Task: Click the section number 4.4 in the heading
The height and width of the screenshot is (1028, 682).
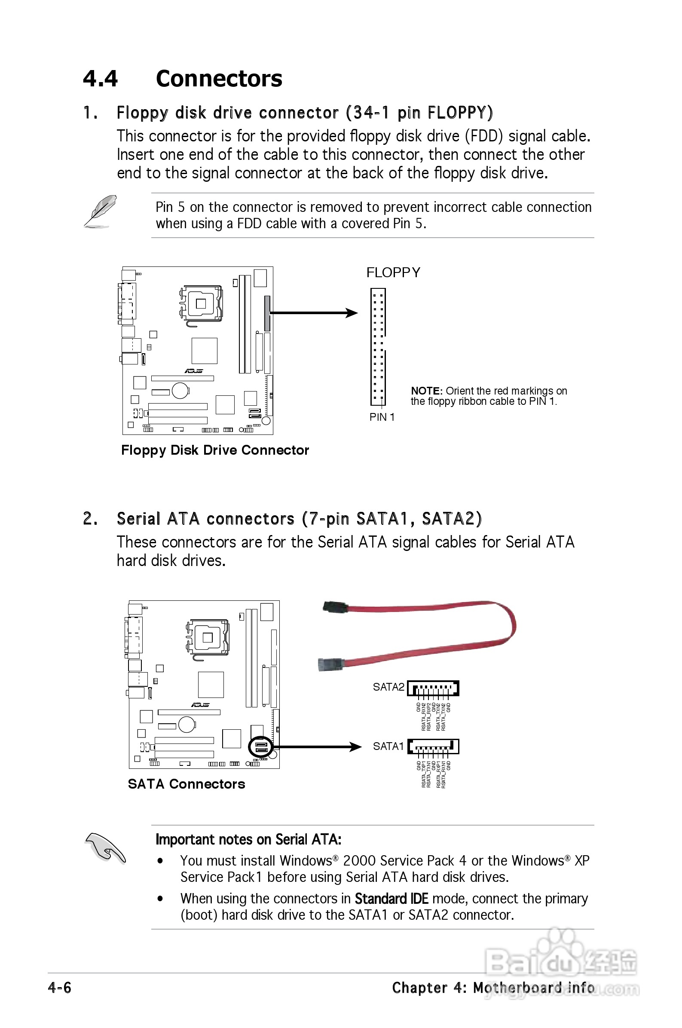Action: pos(100,79)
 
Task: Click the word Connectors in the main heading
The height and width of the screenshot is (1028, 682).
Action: pos(219,79)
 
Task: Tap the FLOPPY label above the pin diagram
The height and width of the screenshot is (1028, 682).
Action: pos(393,272)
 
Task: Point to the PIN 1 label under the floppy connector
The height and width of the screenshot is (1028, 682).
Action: pos(382,417)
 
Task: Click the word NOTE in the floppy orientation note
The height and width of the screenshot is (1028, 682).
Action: pos(426,391)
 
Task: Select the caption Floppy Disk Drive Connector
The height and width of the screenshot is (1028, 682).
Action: pos(215,450)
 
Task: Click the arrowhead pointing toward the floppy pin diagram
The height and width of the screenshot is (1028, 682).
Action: pos(352,313)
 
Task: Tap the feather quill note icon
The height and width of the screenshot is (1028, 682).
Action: pos(100,211)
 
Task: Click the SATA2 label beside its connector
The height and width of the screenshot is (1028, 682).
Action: pos(388,687)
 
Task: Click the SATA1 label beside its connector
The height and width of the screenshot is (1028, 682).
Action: pos(388,747)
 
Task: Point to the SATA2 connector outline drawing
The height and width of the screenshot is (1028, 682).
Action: pos(433,688)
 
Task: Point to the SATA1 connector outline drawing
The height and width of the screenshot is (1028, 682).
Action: pos(433,747)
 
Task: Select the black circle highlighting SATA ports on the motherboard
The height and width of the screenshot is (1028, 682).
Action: pos(260,747)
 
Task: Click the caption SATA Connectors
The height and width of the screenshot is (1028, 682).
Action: pos(186,784)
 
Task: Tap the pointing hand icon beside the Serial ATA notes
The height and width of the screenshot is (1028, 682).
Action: pos(104,847)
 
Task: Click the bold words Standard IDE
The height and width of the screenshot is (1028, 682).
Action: pos(391,898)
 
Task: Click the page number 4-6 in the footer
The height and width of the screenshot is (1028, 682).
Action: pos(60,988)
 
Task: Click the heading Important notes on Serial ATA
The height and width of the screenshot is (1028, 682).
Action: pos(248,839)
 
